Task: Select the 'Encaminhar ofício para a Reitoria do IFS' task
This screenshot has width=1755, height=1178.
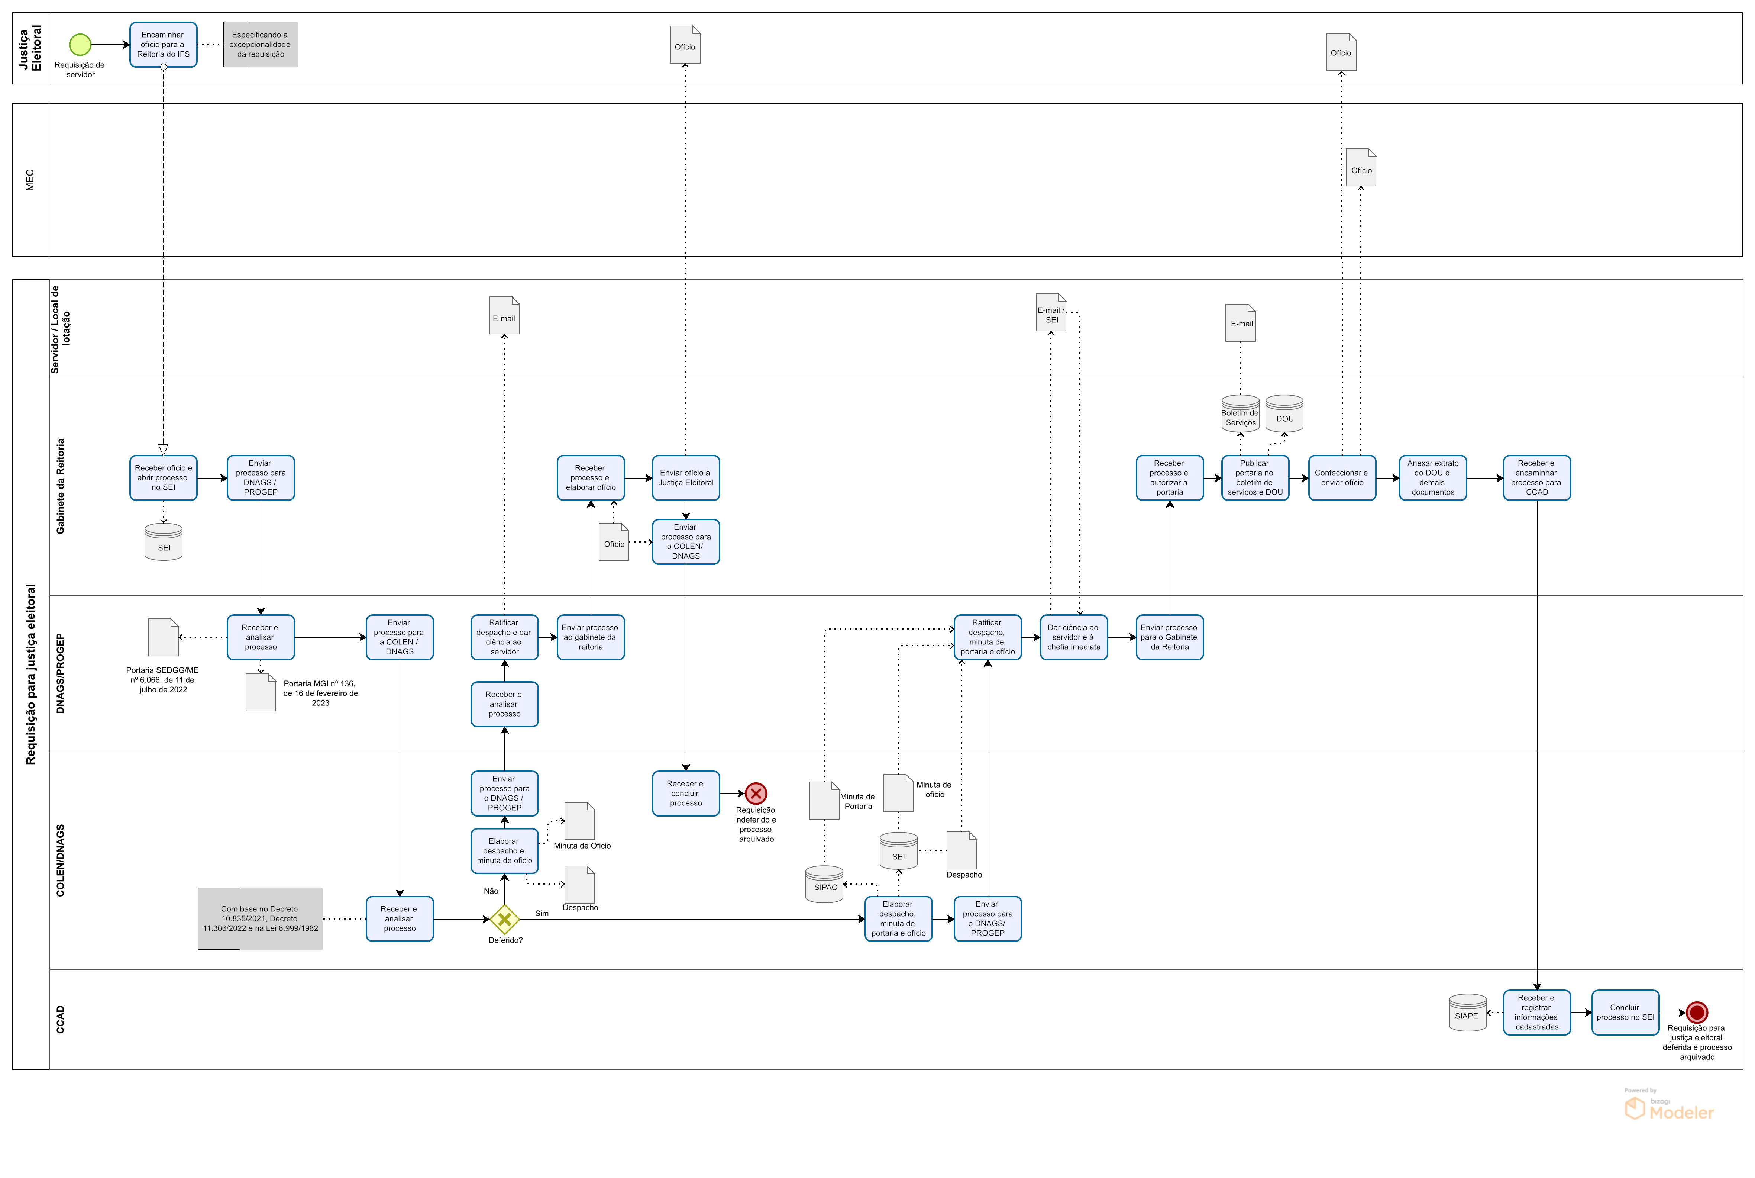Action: [163, 44]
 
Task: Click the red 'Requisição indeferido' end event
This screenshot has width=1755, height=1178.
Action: [756, 794]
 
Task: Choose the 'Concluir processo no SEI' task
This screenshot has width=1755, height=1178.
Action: [1624, 1012]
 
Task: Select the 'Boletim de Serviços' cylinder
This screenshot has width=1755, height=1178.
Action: [1240, 414]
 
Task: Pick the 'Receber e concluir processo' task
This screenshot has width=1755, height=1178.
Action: [685, 794]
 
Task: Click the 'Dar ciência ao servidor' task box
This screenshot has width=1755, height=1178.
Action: [1073, 637]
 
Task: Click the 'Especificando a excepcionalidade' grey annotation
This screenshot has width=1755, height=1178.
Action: [260, 44]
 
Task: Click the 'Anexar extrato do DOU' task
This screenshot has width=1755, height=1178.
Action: [1432, 478]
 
